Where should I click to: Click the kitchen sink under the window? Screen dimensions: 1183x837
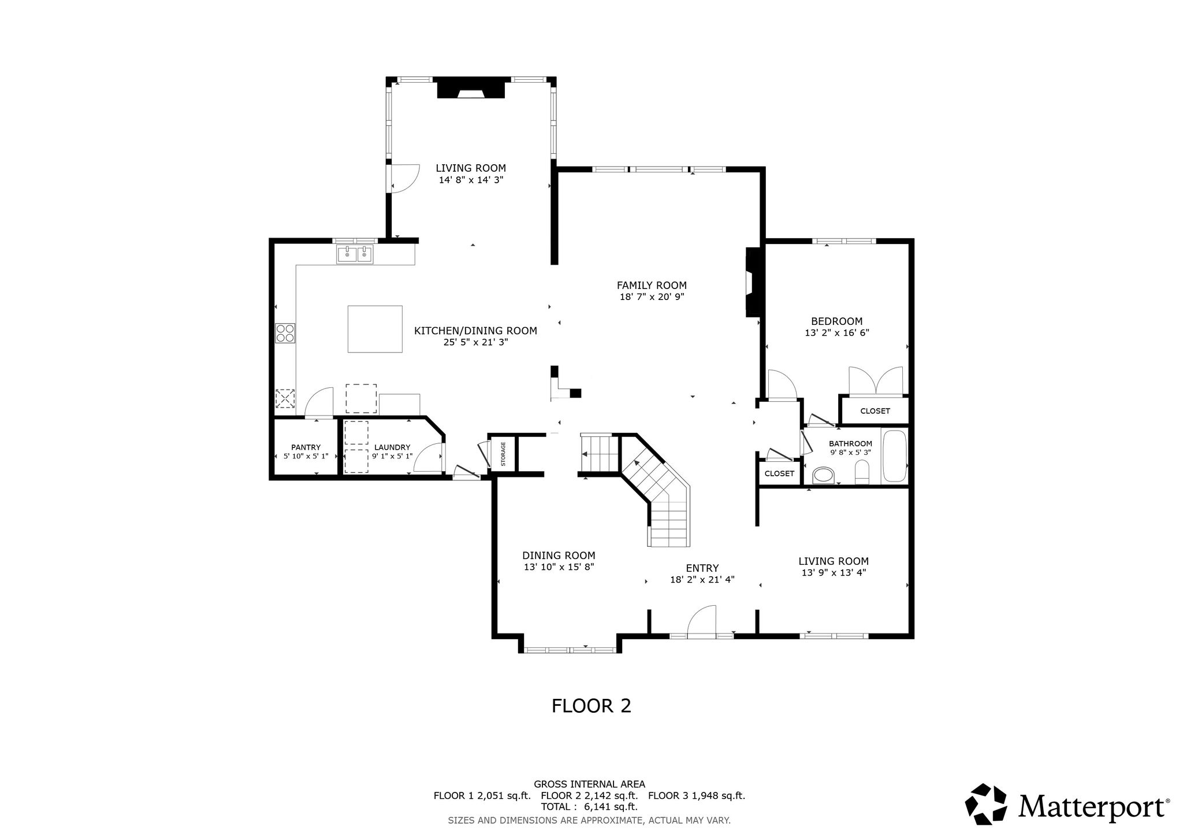pyautogui.click(x=355, y=254)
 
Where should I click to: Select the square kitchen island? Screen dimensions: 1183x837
pyautogui.click(x=375, y=329)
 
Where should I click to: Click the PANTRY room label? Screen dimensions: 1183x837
pyautogui.click(x=306, y=447)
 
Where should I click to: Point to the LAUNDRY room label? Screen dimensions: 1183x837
pyautogui.click(x=392, y=447)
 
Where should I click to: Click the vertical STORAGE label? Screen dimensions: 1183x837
pyautogui.click(x=503, y=454)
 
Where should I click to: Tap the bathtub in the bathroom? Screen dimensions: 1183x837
pyautogui.click(x=895, y=455)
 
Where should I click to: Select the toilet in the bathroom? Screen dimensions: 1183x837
pyautogui.click(x=861, y=472)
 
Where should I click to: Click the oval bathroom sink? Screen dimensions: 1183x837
pyautogui.click(x=824, y=476)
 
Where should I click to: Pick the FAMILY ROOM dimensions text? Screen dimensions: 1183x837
pyautogui.click(x=652, y=297)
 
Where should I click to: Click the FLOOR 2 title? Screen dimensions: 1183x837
pyautogui.click(x=591, y=706)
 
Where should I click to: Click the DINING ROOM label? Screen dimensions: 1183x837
pyautogui.click(x=559, y=555)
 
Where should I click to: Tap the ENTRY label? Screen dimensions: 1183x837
pyautogui.click(x=702, y=568)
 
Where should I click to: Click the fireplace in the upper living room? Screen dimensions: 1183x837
pyautogui.click(x=471, y=90)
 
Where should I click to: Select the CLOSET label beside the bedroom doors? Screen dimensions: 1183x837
pyautogui.click(x=875, y=411)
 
